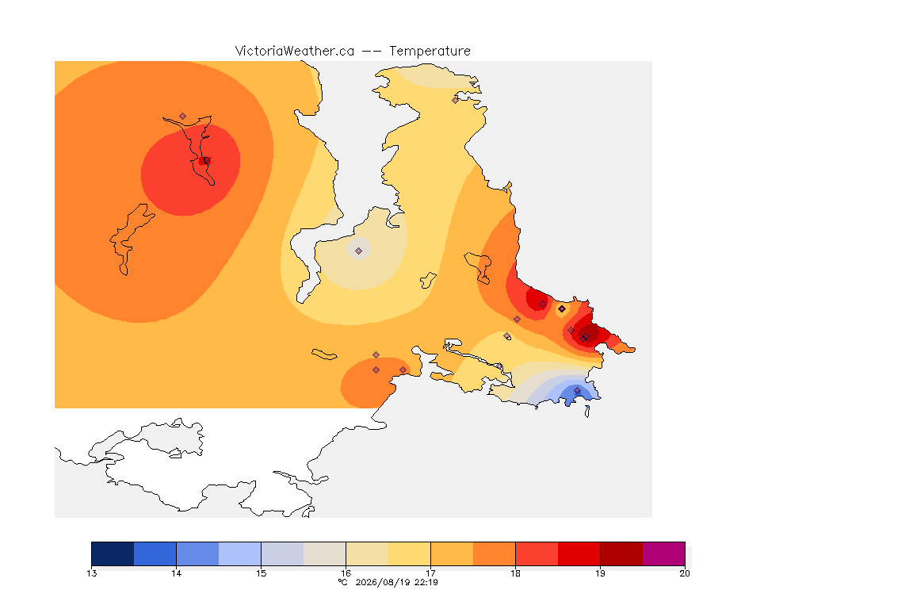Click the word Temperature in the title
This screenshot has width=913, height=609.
pyautogui.click(x=430, y=51)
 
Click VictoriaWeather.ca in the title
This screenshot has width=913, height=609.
pyautogui.click(x=295, y=51)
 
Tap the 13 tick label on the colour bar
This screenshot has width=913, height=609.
pyautogui.click(x=91, y=573)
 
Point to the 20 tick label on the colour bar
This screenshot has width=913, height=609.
pyautogui.click(x=685, y=573)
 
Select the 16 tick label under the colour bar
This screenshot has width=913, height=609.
pyautogui.click(x=346, y=573)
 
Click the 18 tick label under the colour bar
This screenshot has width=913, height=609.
pyautogui.click(x=515, y=573)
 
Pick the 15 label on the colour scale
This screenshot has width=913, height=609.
pyautogui.click(x=261, y=573)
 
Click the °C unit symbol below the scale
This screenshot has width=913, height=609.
pyautogui.click(x=343, y=582)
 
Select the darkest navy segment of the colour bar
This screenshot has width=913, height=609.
pyautogui.click(x=113, y=553)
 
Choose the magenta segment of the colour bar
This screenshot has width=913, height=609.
pyautogui.click(x=664, y=553)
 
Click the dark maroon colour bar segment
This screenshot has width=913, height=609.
pyautogui.click(x=621, y=553)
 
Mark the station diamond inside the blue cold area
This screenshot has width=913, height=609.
pyautogui.click(x=577, y=390)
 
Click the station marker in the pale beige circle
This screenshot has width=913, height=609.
pyautogui.click(x=359, y=251)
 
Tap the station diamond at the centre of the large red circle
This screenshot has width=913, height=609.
pyautogui.click(x=206, y=160)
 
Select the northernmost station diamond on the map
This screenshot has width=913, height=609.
pyautogui.click(x=456, y=100)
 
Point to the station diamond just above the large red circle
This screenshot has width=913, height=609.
pyautogui.click(x=183, y=117)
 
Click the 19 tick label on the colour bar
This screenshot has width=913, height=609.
pyautogui.click(x=600, y=573)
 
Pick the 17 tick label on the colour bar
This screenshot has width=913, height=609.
pyautogui.click(x=430, y=573)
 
